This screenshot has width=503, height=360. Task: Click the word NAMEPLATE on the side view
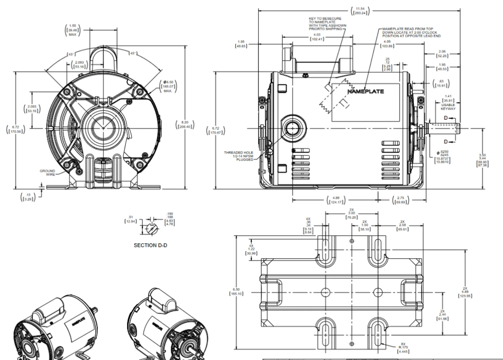[x=365, y=92]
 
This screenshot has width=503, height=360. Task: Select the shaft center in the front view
[x=103, y=128]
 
